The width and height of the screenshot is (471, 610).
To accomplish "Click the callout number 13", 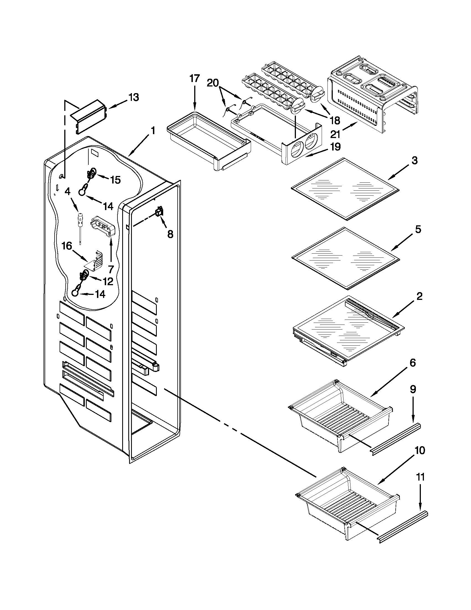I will click(134, 98).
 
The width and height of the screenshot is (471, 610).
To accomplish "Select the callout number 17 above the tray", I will click(194, 79).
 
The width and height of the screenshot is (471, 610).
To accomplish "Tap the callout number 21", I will click(335, 134).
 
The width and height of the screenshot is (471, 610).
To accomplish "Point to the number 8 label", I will click(170, 234).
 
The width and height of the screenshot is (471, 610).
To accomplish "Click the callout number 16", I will click(67, 246).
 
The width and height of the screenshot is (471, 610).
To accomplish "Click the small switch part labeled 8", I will click(159, 213).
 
